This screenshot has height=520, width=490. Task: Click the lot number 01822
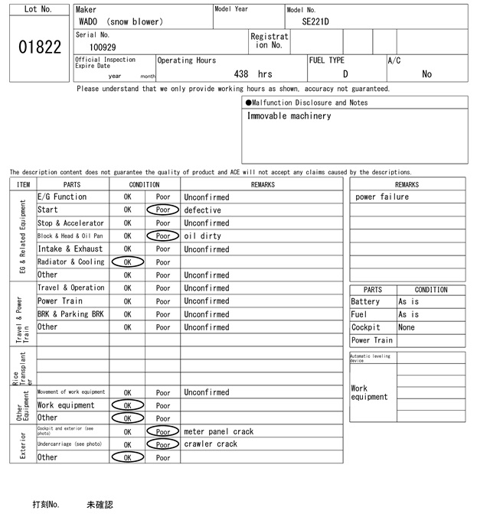[39, 47]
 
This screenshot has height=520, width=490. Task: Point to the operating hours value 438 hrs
[253, 74]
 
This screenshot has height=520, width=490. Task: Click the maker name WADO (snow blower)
[121, 21]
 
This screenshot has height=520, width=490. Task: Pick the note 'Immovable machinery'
[289, 116]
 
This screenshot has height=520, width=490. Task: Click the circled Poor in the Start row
[163, 210]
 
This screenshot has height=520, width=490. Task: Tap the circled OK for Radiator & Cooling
[127, 262]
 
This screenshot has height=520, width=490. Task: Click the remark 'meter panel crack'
[218, 431]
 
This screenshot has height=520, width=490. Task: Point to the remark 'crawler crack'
[211, 444]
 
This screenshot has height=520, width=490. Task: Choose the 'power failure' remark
[382, 197]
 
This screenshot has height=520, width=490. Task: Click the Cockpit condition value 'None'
[407, 327]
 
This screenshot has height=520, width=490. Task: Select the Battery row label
[365, 302]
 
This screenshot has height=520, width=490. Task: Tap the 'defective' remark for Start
[202, 210]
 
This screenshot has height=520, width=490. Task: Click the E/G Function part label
[62, 197]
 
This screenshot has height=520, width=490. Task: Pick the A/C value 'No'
[426, 74]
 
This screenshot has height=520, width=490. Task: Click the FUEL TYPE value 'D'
[345, 74]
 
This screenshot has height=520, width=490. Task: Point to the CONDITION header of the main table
[145, 184]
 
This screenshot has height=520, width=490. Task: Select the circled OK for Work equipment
[127, 405]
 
